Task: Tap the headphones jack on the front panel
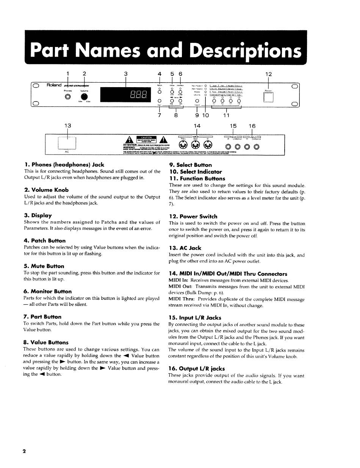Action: [68, 96]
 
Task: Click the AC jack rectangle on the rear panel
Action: [67, 142]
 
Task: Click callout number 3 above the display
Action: [125, 74]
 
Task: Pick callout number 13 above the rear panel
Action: [67, 126]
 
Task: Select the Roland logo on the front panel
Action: [54, 85]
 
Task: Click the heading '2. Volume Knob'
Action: [46, 190]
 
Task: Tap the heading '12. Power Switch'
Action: [193, 216]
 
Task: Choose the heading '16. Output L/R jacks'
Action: [197, 368]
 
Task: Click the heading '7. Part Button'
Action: [42, 316]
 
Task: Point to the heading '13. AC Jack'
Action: [185, 248]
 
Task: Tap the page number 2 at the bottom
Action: [24, 451]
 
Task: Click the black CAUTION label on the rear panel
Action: [146, 138]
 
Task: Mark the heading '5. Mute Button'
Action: [44, 266]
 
